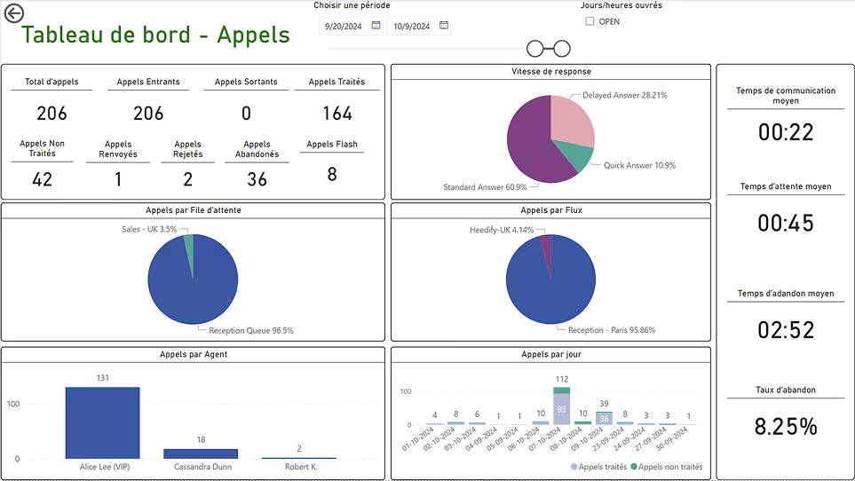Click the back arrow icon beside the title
(13, 13)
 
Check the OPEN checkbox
(590, 21)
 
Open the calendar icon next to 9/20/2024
(376, 26)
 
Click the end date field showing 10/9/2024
(412, 26)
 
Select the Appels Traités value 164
(337, 114)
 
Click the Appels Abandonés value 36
(257, 179)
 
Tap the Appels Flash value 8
(332, 174)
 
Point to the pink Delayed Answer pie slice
(572, 120)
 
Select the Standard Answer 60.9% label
(486, 187)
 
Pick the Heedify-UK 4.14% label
(502, 230)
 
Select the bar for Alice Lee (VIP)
(102, 422)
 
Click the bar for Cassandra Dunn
(201, 453)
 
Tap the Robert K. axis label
(301, 467)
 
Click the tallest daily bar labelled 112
(562, 406)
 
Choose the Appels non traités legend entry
(667, 467)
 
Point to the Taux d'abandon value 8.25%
(786, 426)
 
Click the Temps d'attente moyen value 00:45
(786, 223)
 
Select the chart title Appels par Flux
(551, 210)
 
